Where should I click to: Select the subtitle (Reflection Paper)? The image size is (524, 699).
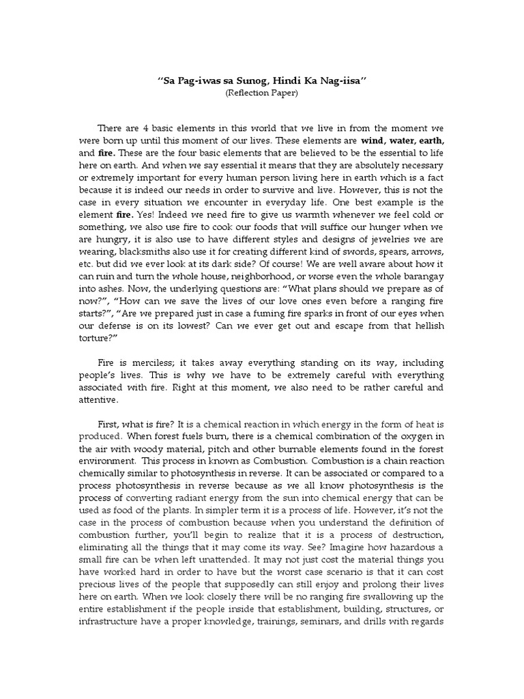point(262,93)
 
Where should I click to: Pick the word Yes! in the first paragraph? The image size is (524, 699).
point(145,214)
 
